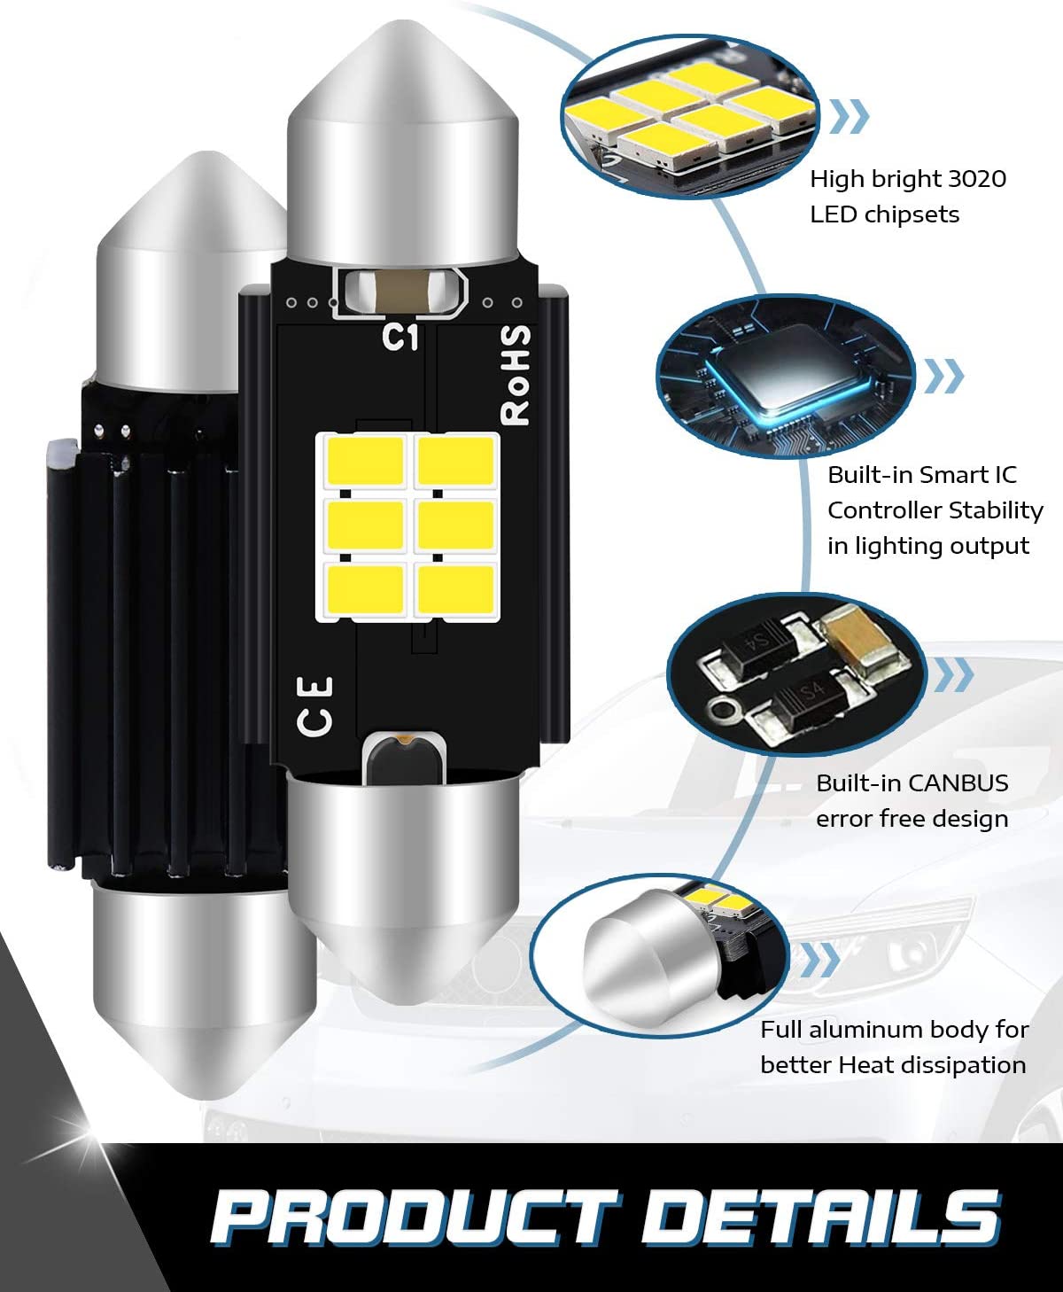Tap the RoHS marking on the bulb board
click(515, 374)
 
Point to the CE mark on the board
click(315, 706)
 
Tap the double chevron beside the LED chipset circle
click(850, 116)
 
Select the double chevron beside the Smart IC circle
click(943, 376)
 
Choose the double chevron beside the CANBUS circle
click(953, 674)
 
